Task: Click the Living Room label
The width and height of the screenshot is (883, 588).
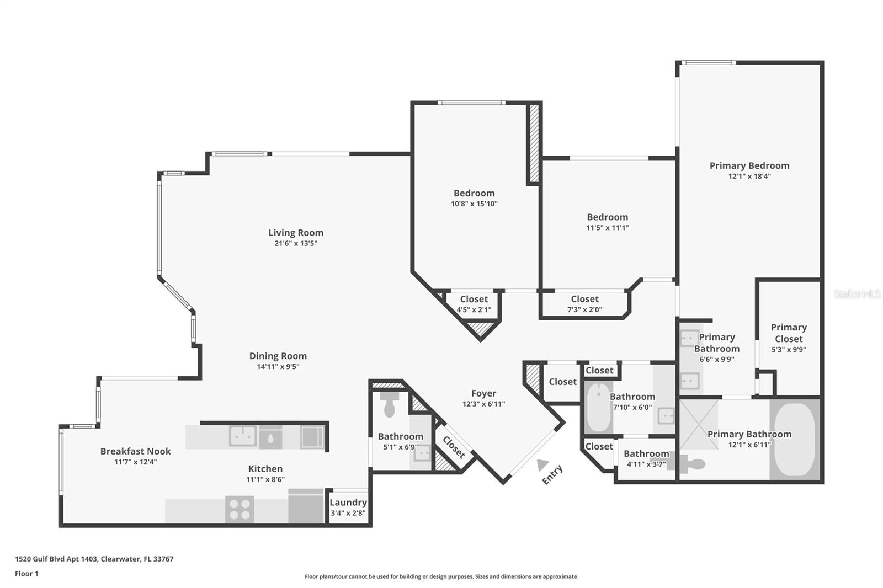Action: coord(296,233)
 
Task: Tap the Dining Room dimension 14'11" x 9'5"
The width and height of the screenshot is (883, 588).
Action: coord(278,367)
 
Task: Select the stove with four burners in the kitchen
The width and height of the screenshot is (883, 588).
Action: coord(240,509)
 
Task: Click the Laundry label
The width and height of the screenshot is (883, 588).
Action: coord(348,503)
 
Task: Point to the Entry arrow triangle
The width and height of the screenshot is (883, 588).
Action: coord(542,465)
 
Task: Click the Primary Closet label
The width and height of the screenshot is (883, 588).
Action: coord(789,333)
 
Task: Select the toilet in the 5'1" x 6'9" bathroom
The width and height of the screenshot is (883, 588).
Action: coord(390,404)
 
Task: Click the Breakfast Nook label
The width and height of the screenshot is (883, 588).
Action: coord(135,451)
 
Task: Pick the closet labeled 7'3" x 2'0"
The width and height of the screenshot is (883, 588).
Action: coord(584,304)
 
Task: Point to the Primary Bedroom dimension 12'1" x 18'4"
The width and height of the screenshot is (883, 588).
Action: coord(749,177)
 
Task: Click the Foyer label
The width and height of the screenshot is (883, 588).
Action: coord(483,393)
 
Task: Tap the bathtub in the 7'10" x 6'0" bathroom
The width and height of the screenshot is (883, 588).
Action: coord(598,409)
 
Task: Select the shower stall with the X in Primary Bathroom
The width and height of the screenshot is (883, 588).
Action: coord(699,424)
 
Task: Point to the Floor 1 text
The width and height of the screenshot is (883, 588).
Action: coord(26,574)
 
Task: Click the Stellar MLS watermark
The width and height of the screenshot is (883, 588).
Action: coord(857,294)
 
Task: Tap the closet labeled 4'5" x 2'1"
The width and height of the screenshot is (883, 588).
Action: coord(474,304)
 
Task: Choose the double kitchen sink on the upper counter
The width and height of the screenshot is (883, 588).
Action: coord(243,436)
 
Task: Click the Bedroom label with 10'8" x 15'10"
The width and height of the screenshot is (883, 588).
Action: coord(474,193)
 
